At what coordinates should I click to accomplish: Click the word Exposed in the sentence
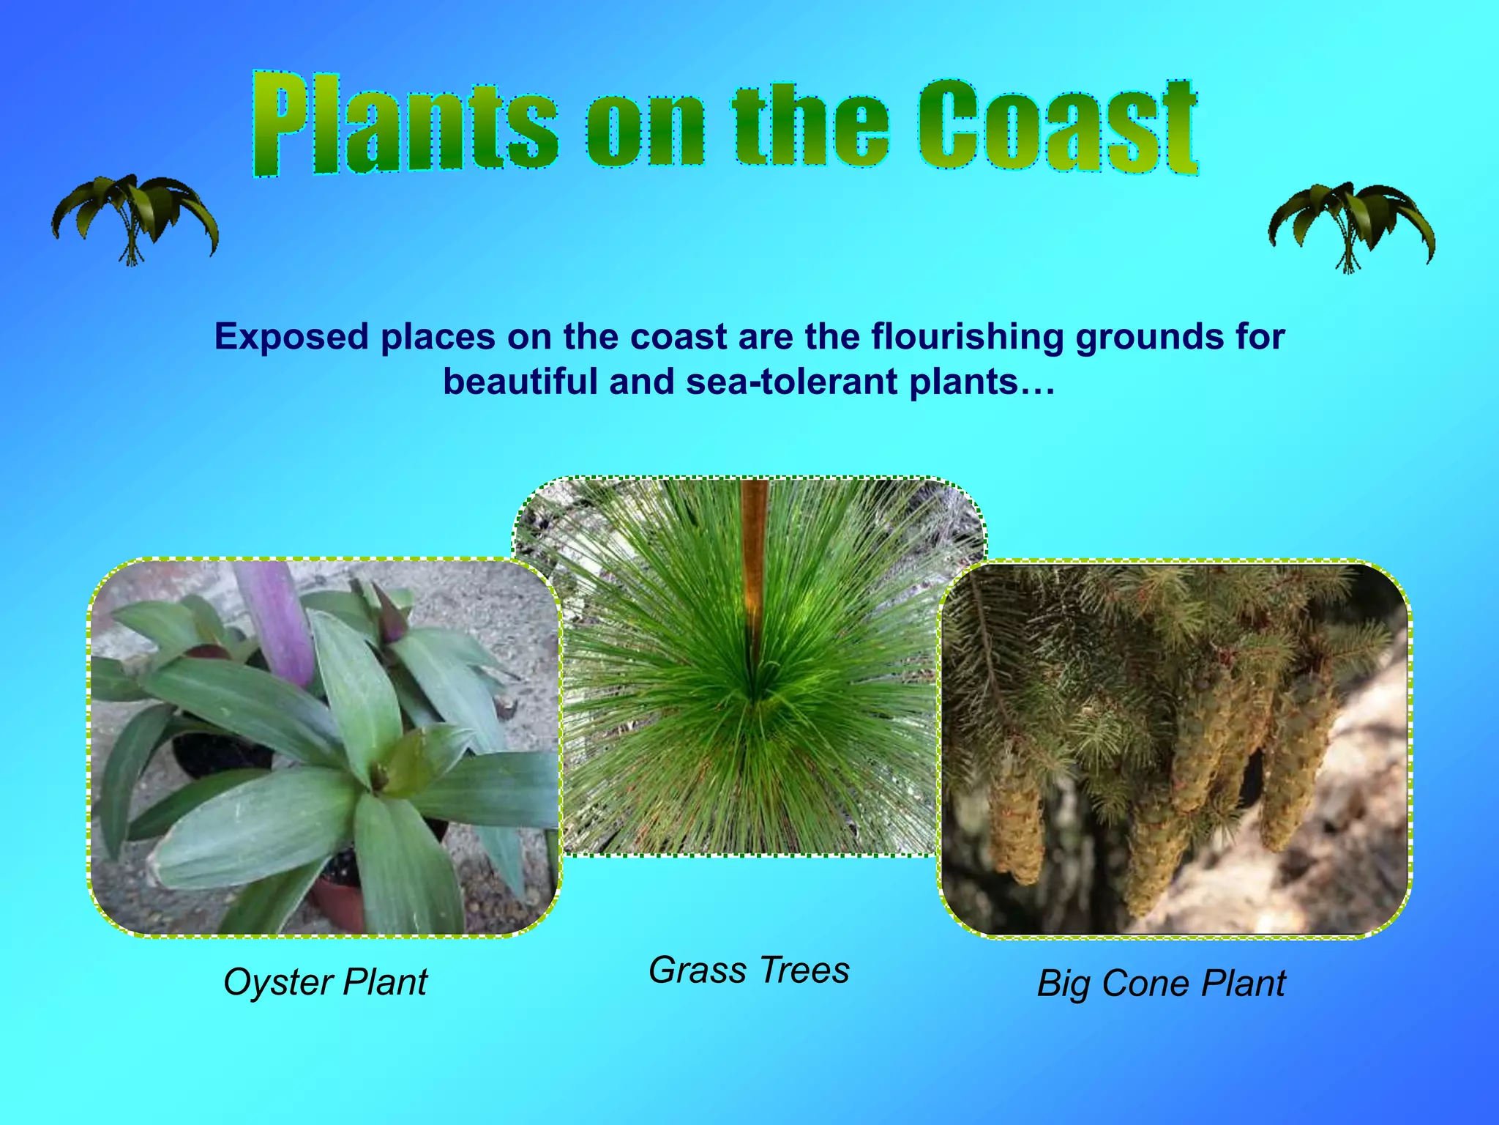291,337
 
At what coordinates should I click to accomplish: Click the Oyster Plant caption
325,983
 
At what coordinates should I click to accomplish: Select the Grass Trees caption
749,970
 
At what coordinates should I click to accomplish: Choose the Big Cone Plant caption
1161,984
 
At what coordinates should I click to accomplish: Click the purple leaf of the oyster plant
277,623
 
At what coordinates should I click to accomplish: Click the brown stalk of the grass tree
754,557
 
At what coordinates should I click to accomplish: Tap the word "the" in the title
810,126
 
